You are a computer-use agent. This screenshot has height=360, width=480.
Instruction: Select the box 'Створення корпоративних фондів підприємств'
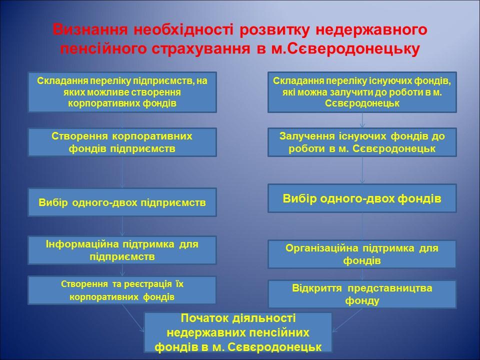pyautogui.click(x=122, y=142)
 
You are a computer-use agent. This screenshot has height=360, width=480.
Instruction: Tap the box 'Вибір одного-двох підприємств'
pyautogui.click(x=122, y=202)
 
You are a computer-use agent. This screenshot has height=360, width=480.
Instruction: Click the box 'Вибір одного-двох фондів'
pyautogui.click(x=362, y=198)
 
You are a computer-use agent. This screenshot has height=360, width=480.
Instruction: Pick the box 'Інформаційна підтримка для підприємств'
pyautogui.click(x=122, y=250)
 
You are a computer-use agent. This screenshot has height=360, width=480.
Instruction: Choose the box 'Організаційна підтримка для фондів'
pyautogui.click(x=362, y=254)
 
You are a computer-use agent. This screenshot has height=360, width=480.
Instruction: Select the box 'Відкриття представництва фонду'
pyautogui.click(x=362, y=294)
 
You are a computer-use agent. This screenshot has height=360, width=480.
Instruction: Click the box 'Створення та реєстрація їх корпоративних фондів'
pyautogui.click(x=122, y=290)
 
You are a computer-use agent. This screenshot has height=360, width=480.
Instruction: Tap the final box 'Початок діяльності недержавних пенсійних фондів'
pyautogui.click(x=238, y=332)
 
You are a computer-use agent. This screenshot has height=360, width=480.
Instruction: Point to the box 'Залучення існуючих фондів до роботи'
pyautogui.click(x=362, y=142)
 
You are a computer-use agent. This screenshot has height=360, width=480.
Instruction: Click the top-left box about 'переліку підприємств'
pyautogui.click(x=122, y=91)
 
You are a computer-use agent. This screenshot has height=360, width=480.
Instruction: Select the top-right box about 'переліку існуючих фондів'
pyautogui.click(x=362, y=91)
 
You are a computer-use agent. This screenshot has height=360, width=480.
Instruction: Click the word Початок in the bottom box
pyautogui.click(x=201, y=318)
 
